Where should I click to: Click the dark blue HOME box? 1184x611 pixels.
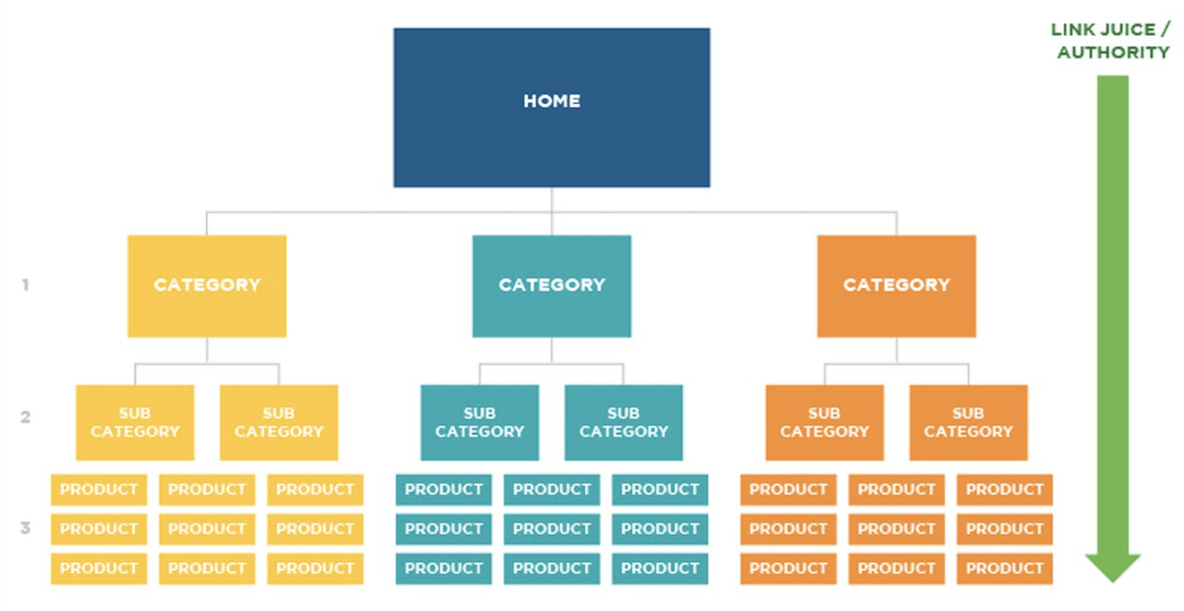551,107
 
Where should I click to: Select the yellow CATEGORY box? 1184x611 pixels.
207,286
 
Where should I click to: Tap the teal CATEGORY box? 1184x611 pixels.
551,286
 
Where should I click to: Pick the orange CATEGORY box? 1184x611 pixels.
897,286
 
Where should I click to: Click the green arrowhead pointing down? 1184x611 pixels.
1113,568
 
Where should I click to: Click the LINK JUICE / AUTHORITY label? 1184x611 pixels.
1110,41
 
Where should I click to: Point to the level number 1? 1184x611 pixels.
25,286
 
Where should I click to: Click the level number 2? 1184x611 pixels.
25,417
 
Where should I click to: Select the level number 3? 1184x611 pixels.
25,528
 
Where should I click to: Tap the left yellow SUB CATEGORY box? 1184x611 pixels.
135,422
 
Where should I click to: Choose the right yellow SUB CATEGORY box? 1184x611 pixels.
279,422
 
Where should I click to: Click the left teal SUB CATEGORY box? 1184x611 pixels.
479,422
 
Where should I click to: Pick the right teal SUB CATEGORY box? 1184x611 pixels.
623,422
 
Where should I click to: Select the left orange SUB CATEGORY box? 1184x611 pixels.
825,422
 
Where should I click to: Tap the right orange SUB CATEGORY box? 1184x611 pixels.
968,422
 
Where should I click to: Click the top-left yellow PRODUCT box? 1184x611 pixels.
99,490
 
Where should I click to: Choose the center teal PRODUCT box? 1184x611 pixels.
551,529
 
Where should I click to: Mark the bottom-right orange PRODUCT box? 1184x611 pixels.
1004,569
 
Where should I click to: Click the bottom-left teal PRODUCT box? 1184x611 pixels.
443,569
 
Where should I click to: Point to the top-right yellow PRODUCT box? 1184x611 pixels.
315,490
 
